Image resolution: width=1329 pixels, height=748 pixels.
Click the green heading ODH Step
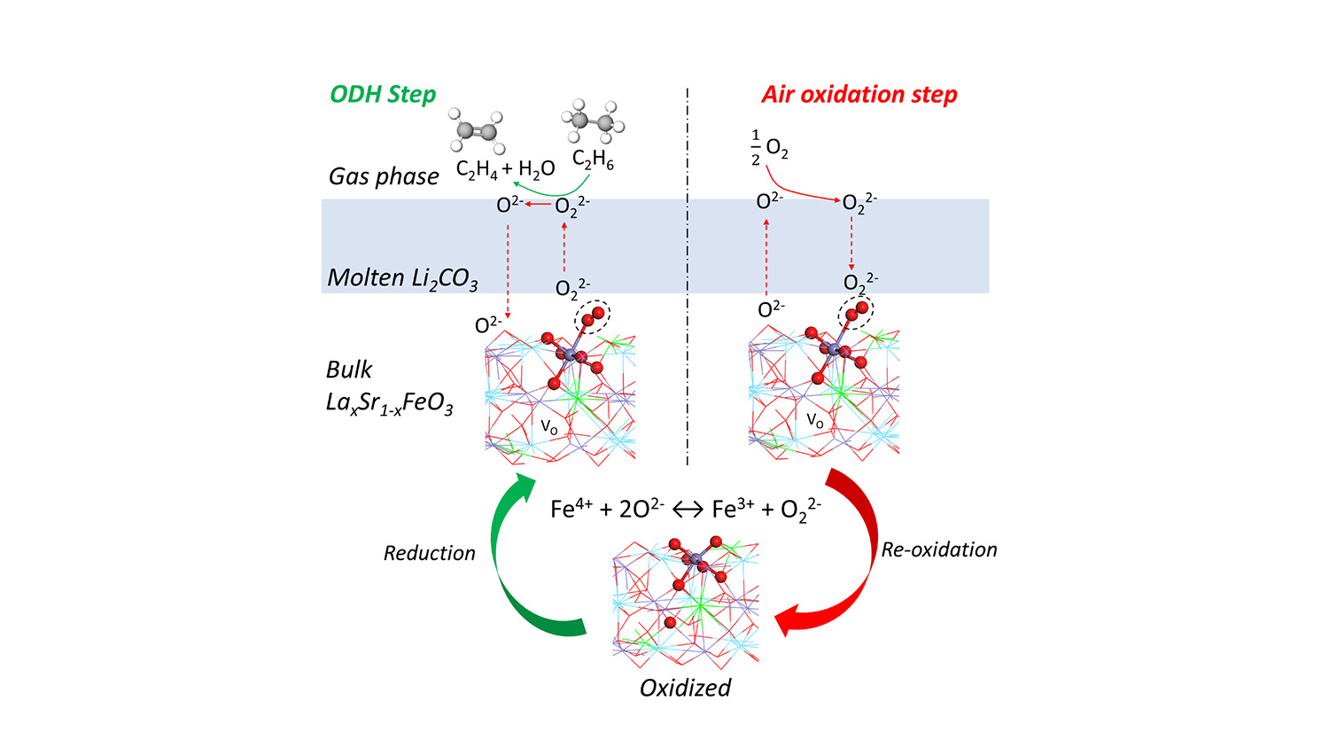pos(383,94)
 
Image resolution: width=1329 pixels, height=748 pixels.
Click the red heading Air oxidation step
pos(859,94)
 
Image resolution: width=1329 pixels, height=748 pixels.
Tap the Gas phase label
pos(384,176)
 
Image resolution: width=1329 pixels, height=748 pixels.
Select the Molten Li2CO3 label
pos(402,278)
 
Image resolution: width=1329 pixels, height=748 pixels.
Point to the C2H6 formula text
pos(593,160)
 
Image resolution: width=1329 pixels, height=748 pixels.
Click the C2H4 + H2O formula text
pos(505,169)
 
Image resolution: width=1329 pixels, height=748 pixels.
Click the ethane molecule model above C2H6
pos(593,123)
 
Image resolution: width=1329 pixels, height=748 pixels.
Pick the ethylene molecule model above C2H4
pos(477,132)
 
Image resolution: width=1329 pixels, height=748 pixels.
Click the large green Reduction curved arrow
pos(514,567)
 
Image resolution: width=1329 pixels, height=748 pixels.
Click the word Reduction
pos(429,553)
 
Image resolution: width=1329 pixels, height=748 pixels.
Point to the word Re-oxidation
pos(939,549)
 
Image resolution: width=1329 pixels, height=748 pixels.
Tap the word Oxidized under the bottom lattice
pos(685,688)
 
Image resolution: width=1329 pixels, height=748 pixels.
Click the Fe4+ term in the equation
pos(571,509)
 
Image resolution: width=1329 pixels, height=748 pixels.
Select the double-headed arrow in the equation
pos(688,510)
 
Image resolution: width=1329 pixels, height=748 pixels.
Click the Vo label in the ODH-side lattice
pos(549,427)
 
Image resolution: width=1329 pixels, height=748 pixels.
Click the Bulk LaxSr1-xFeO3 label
pos(389,387)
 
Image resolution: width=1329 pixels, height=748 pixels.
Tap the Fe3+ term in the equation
pos(733,509)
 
